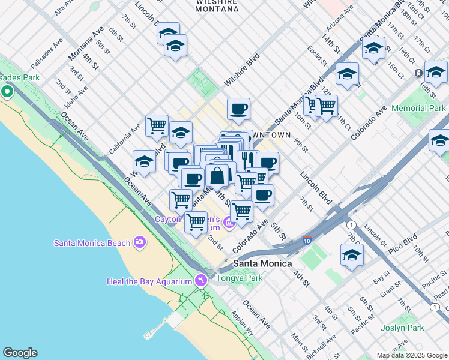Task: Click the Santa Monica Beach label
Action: pyautogui.click(x=92, y=243)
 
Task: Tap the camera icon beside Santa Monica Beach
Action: pyautogui.click(x=140, y=242)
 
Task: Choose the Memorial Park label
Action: pyautogui.click(x=418, y=109)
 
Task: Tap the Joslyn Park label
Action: pyautogui.click(x=402, y=328)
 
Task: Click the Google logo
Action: pyautogui.click(x=20, y=353)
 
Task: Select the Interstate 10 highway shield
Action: pyautogui.click(x=307, y=241)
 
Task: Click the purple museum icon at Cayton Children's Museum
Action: pyautogui.click(x=229, y=224)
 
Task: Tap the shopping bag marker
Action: pyautogui.click(x=217, y=176)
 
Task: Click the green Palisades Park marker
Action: pyautogui.click(x=7, y=92)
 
